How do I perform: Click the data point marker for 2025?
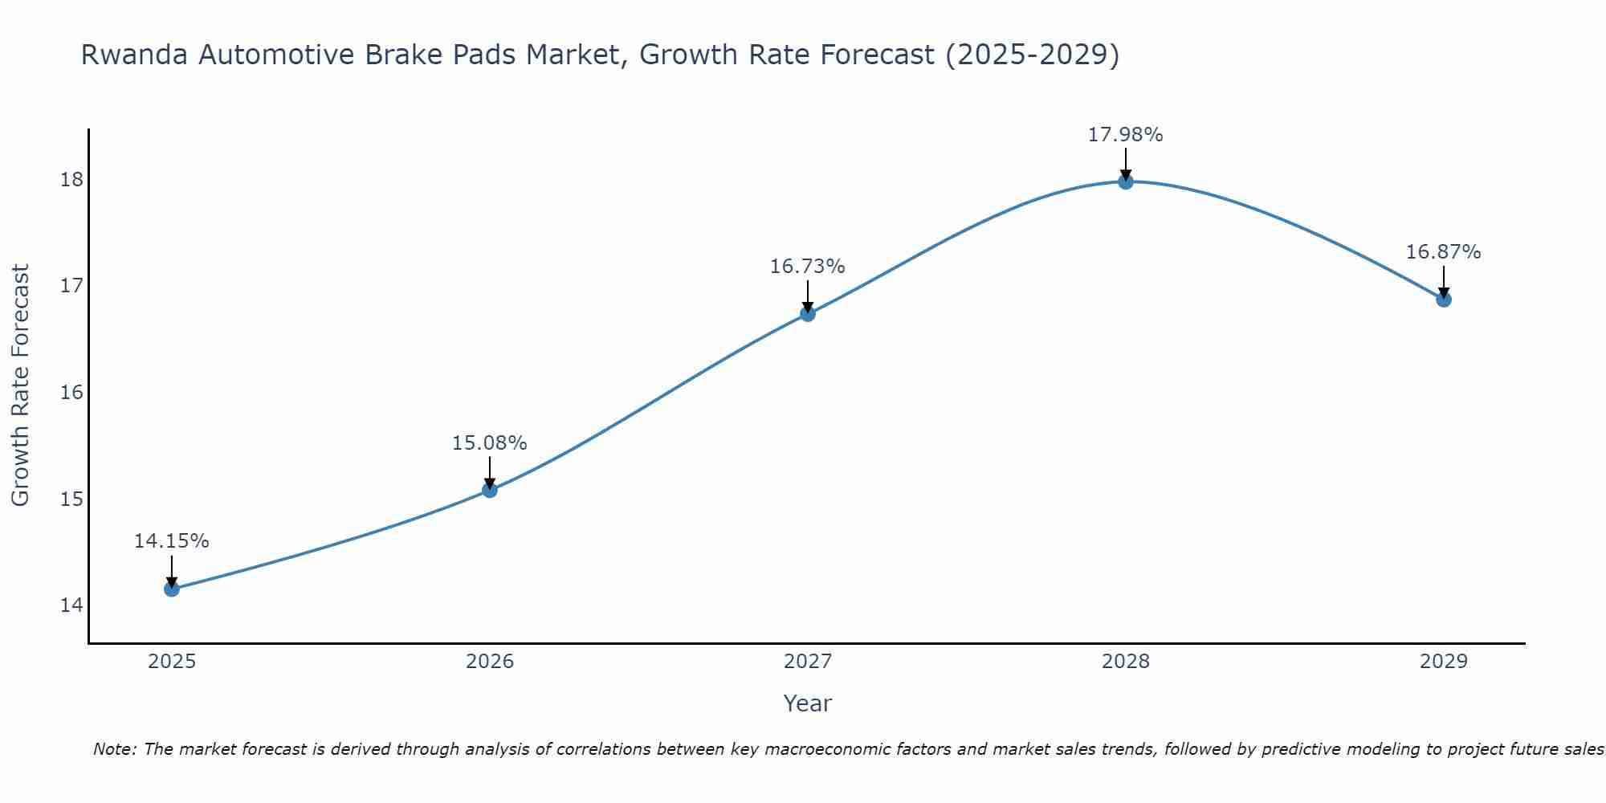[x=172, y=589]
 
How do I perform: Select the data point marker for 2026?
[x=490, y=490]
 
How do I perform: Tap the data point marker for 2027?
[x=808, y=314]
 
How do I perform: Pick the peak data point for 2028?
[x=1126, y=181]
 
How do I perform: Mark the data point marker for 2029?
[x=1444, y=300]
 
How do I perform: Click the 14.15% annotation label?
[x=171, y=541]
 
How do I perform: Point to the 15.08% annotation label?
[x=489, y=443]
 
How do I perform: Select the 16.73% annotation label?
[x=807, y=267]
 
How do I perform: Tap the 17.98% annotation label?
[x=1125, y=135]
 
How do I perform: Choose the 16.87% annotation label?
[x=1443, y=252]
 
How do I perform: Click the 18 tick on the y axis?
[x=71, y=179]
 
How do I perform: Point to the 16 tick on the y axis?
[x=71, y=392]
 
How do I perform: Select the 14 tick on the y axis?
[x=71, y=605]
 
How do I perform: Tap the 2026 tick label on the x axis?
[x=490, y=662]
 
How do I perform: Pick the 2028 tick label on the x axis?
[x=1126, y=662]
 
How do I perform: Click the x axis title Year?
[x=807, y=703]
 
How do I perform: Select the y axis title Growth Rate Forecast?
[x=20, y=385]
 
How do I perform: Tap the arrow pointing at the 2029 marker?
[x=1444, y=283]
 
